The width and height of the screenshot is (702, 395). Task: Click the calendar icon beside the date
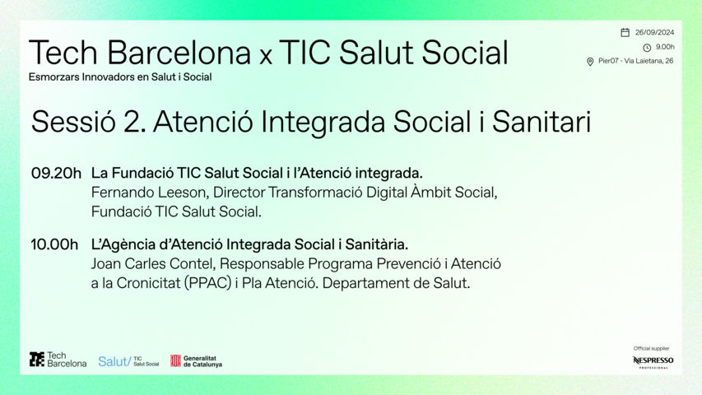coord(625,32)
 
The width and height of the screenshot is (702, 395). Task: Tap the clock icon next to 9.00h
coord(647,48)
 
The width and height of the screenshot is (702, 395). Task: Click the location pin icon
coord(590,62)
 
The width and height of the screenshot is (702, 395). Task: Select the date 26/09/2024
coord(654,32)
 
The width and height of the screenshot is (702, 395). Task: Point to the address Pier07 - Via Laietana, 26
coord(635,61)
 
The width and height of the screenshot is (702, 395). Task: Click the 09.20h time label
coord(56,173)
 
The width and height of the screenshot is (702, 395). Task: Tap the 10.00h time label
coord(54,244)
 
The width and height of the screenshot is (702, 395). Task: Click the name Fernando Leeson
coord(149,193)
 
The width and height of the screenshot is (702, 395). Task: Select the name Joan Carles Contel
coord(152,264)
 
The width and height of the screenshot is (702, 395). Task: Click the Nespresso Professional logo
coord(653,362)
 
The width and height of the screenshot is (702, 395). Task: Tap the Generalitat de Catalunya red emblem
coord(175,360)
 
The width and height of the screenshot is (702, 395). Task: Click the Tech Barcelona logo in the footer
coord(58,359)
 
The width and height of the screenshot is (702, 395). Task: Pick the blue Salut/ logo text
coord(114,361)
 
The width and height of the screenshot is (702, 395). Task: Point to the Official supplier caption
coord(652,348)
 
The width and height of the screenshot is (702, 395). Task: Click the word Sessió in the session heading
coord(73,121)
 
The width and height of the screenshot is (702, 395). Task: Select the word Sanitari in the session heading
coord(542,121)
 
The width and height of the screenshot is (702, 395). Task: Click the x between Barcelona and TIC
coord(266,57)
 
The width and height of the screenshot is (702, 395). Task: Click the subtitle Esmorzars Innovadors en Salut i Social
coord(120,77)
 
